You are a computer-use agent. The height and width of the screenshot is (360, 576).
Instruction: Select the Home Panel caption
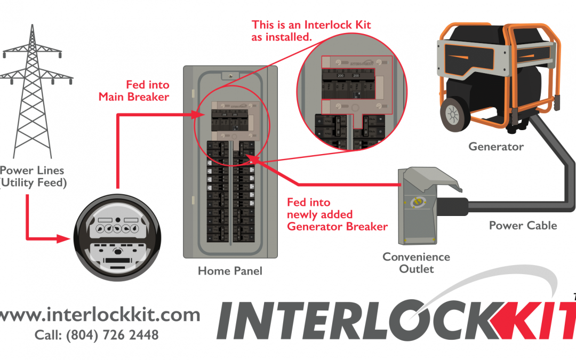pyautogui.click(x=230, y=271)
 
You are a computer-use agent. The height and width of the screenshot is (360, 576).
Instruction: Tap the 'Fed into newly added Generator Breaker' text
pyautogui.click(x=337, y=214)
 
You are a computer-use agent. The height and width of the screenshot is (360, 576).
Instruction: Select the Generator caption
pyautogui.click(x=496, y=146)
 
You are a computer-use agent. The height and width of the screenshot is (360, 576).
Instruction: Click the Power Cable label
pyautogui.click(x=523, y=226)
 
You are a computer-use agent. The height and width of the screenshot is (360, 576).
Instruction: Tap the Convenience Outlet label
pyautogui.click(x=416, y=263)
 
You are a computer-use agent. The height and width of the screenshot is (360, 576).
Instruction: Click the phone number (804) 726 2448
pyautogui.click(x=97, y=335)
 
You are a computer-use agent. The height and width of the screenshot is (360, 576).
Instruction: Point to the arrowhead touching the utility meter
pyautogui.click(x=66, y=238)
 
